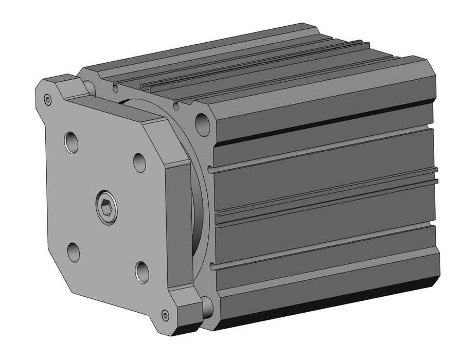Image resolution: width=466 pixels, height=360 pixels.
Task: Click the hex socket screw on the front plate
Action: click(x=106, y=208)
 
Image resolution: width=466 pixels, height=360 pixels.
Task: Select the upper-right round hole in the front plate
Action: click(x=139, y=162)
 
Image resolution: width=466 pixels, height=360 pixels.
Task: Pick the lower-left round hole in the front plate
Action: click(x=74, y=251)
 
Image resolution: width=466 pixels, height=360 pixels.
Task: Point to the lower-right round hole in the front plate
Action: click(x=142, y=272)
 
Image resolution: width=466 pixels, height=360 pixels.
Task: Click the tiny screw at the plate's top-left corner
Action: click(x=48, y=100)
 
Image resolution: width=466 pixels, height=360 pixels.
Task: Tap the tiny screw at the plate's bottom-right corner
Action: click(x=165, y=315)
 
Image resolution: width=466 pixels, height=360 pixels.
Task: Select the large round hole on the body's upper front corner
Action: click(x=203, y=122)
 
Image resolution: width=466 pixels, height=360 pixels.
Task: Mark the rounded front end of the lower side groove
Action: click(x=212, y=266)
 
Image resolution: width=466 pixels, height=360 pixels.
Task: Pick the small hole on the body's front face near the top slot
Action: click(x=177, y=106)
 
